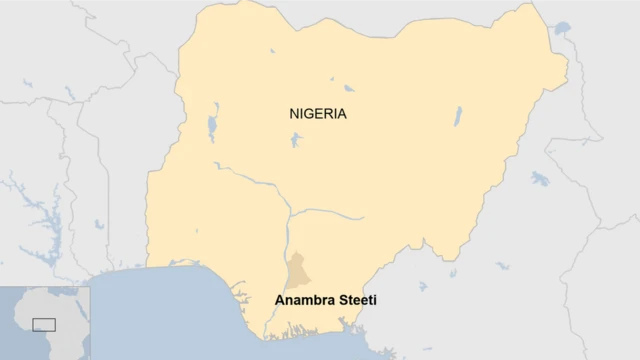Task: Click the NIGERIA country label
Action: pyautogui.click(x=318, y=114)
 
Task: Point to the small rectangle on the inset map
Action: pyautogui.click(x=44, y=324)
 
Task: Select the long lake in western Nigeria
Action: pyautogui.click(x=212, y=127)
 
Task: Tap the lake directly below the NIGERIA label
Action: pyautogui.click(x=295, y=139)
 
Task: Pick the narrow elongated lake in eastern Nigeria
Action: pyautogui.click(x=458, y=117)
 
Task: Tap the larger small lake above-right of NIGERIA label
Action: pyautogui.click(x=348, y=88)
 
